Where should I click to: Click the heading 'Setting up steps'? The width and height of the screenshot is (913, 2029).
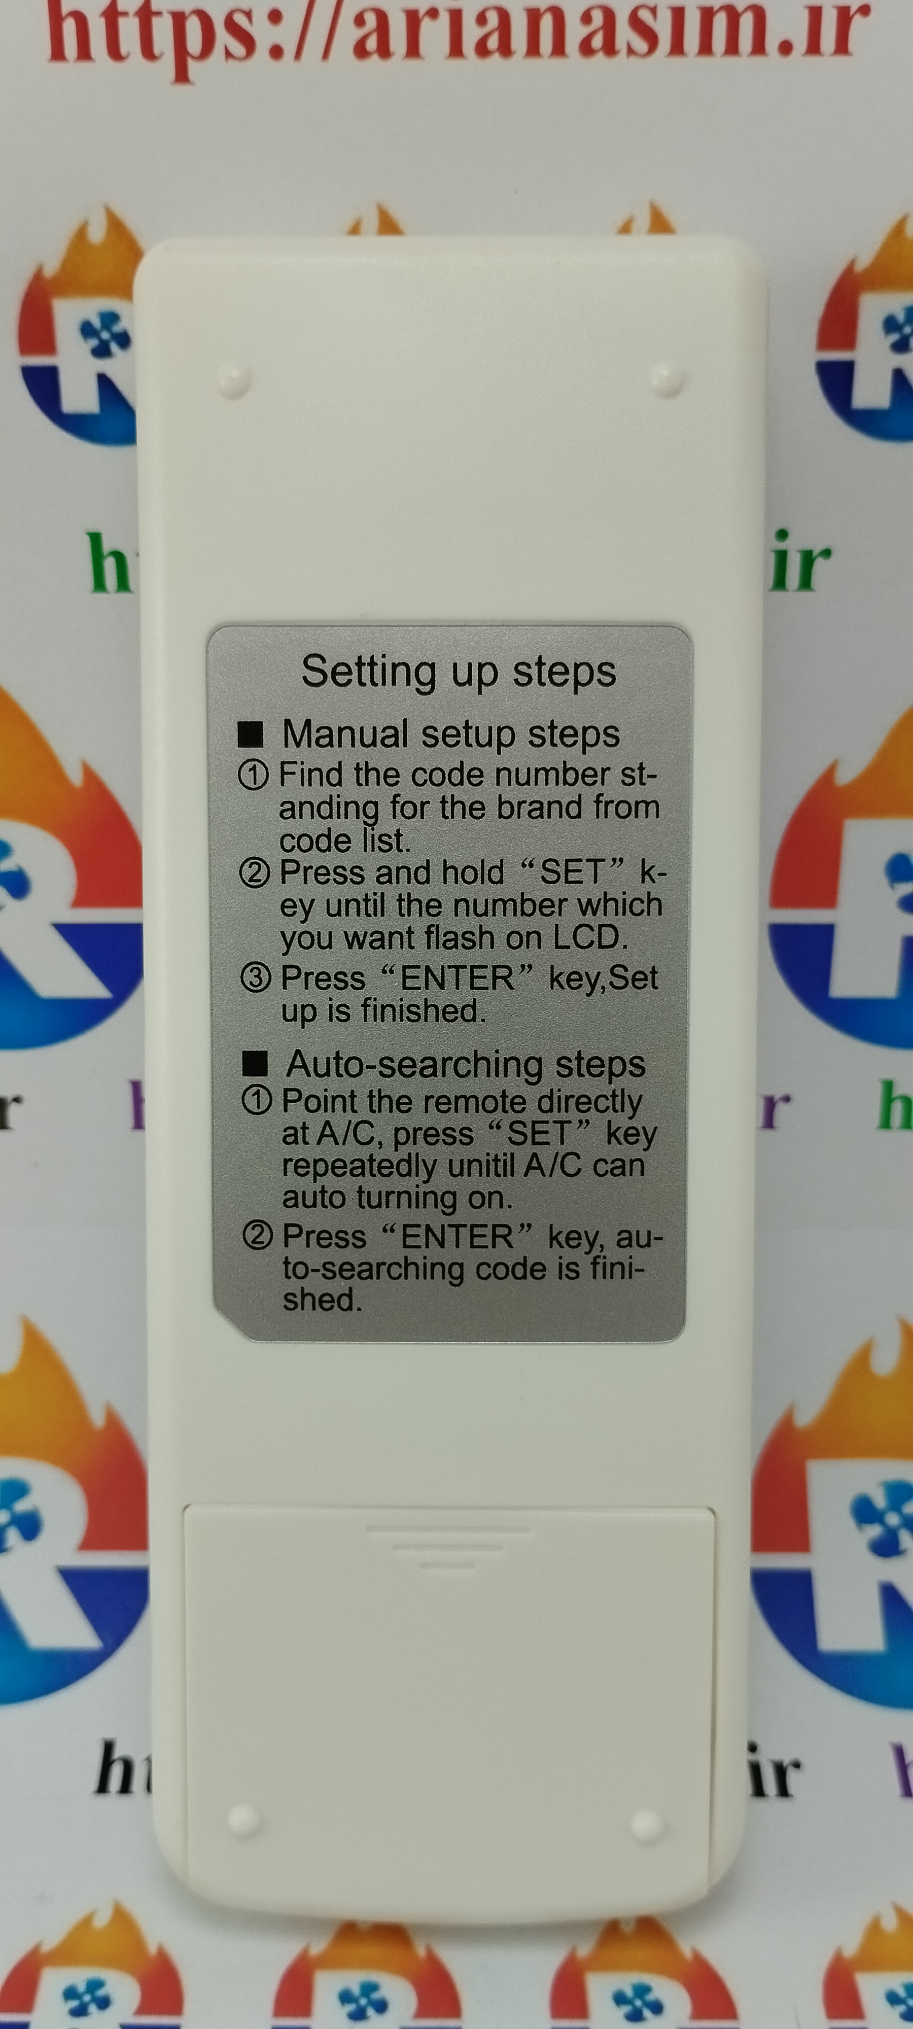tap(459, 673)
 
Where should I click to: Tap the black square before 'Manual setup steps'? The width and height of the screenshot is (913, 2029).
tap(251, 734)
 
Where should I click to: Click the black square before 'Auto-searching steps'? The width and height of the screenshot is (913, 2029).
tap(255, 1064)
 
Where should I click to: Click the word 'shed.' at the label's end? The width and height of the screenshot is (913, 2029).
tap(322, 1300)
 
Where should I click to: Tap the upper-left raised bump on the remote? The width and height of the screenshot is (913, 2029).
tap(234, 380)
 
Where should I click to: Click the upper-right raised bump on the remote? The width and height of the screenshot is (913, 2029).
tap(666, 380)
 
